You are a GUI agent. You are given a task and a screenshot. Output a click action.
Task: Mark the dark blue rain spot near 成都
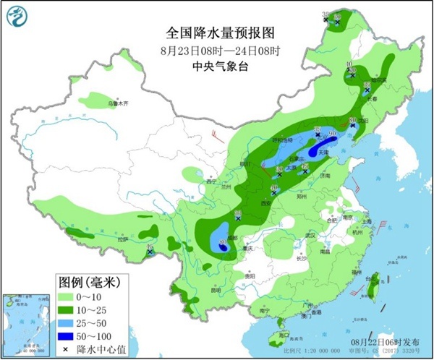click(223, 247)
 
